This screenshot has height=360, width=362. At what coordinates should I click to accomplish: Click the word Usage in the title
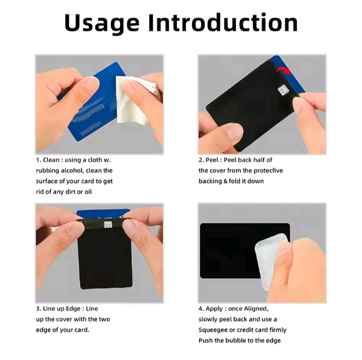(x=102, y=24)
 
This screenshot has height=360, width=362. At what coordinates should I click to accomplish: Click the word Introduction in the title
(x=223, y=23)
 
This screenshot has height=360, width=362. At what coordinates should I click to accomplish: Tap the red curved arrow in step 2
(x=284, y=70)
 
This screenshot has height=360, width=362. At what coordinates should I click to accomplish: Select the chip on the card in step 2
(x=283, y=91)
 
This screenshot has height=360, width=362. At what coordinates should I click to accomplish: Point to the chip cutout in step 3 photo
(x=108, y=225)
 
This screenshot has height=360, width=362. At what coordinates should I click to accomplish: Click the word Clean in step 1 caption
(x=51, y=160)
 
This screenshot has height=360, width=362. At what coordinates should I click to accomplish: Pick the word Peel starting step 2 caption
(x=211, y=160)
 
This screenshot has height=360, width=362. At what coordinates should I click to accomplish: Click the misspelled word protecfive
(x=268, y=170)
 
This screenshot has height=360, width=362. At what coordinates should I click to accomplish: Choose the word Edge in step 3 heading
(x=73, y=309)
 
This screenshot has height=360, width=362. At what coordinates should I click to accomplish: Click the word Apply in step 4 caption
(x=214, y=309)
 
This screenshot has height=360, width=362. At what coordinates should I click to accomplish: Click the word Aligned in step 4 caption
(x=256, y=309)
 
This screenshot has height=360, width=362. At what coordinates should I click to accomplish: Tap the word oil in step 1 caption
(x=87, y=192)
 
